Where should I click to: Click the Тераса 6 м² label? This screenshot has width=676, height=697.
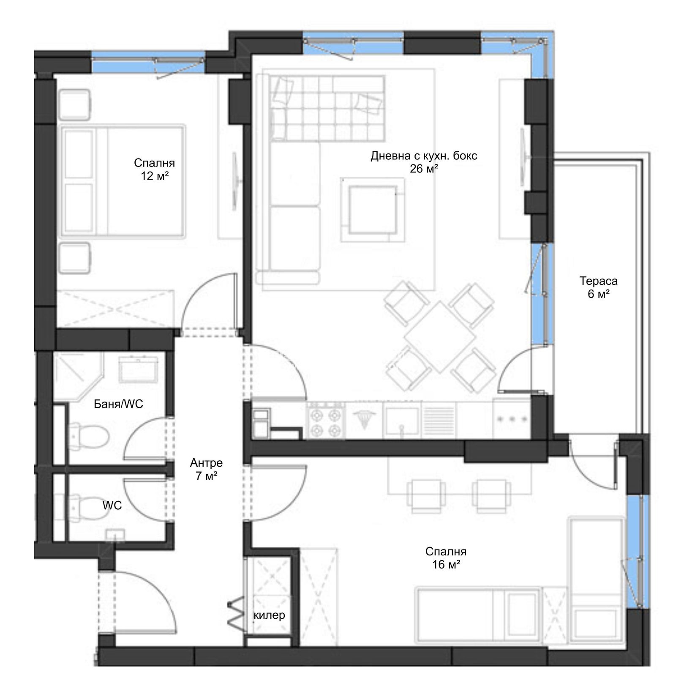pos(598,287)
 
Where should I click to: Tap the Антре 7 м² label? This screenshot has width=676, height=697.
pos(206,469)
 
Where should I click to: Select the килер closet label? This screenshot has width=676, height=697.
pos(269,615)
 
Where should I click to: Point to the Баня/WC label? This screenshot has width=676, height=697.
pos(118,404)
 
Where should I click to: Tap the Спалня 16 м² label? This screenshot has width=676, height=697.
pos(446,558)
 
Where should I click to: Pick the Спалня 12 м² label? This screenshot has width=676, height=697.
pos(154,169)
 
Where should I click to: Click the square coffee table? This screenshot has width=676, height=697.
pos(372,209)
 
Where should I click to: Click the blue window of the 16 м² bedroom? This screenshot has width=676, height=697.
pos(635,552)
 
